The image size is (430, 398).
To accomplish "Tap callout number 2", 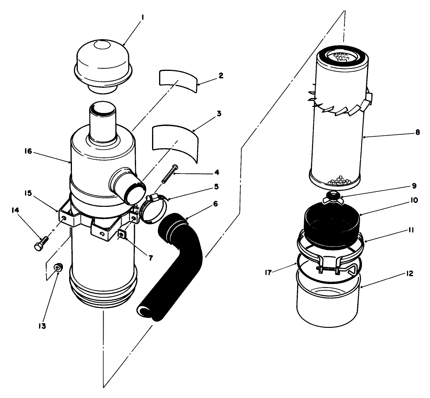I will (221, 76).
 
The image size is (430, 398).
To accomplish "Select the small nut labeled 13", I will (58, 268).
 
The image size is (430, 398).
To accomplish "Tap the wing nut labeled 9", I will (333, 196).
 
